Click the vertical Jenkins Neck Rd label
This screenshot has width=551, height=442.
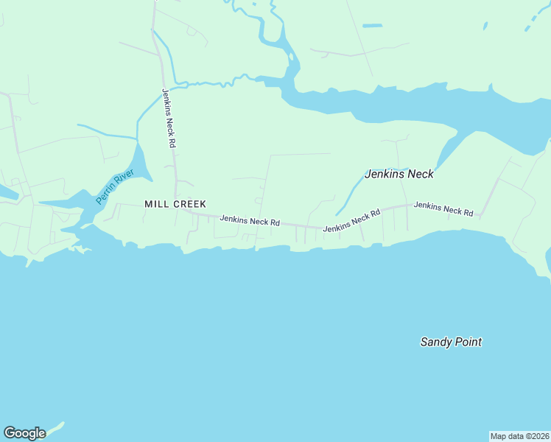tap(169, 119)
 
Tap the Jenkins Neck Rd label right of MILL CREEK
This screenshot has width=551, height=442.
tap(250, 220)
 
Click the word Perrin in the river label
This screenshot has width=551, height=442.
tap(105, 194)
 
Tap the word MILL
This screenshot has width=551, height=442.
tap(157, 204)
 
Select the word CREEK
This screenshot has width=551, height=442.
tap(189, 204)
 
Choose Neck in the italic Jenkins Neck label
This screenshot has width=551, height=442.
tap(420, 175)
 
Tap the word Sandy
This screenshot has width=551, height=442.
tap(436, 342)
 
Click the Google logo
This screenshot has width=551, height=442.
tap(24, 433)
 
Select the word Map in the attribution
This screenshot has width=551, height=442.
tap(499, 435)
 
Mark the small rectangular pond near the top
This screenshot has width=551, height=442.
tap(372, 26)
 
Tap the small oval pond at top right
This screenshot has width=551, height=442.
tap(485, 26)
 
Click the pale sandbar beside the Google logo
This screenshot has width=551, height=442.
tap(55, 427)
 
